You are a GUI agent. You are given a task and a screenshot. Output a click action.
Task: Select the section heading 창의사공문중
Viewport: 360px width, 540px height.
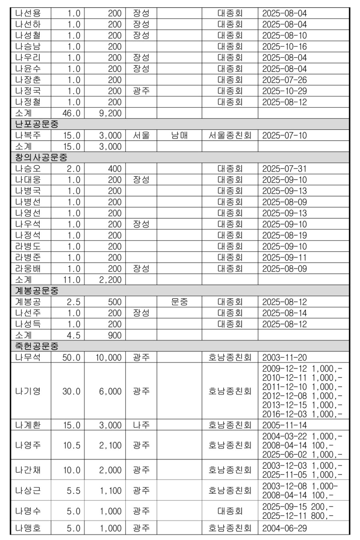tap(41, 157)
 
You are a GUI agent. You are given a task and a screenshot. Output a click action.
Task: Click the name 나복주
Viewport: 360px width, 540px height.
tap(28, 135)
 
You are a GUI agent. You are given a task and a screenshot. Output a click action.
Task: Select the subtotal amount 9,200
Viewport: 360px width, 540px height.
tap(110, 113)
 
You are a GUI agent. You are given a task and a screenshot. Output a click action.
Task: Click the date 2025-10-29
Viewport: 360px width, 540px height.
tap(284, 91)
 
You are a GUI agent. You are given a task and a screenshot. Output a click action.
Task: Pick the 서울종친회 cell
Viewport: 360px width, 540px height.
tap(230, 135)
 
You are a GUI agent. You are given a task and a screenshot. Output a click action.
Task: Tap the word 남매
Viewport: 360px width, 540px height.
tap(179, 135)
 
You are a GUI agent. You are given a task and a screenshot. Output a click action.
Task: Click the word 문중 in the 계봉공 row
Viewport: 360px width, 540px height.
tap(179, 302)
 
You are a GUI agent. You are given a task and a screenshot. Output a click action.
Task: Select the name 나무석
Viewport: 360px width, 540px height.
tap(28, 357)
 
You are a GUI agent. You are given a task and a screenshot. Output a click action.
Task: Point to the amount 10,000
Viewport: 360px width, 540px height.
tap(108, 357)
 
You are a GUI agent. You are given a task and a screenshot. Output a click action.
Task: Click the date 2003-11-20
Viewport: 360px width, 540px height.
tap(284, 357)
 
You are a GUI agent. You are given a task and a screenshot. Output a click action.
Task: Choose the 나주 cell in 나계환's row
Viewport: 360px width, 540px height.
tap(141, 425)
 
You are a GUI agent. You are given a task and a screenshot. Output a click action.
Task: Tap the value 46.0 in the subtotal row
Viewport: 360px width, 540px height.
tap(72, 113)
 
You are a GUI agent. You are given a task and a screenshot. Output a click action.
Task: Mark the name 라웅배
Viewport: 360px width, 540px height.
tap(28, 269)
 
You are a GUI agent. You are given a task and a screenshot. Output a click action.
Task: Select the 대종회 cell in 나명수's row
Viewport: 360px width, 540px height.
tap(230, 511)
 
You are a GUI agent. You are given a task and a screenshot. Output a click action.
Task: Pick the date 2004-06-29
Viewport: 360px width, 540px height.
tap(284, 528)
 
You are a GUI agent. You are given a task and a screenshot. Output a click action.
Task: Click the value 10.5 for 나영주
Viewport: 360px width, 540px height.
tap(72, 445)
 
